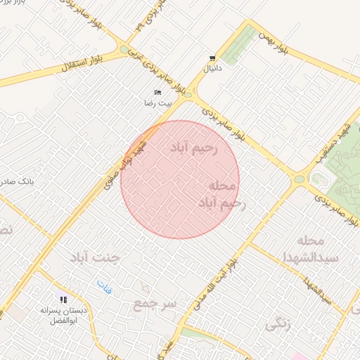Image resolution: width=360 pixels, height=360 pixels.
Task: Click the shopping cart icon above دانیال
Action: point(212,58)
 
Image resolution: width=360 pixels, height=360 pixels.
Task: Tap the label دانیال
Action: point(212,70)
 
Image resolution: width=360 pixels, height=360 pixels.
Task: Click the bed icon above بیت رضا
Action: point(157,93)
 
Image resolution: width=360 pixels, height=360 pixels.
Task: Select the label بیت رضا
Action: point(158,103)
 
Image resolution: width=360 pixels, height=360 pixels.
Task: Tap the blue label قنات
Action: point(104,285)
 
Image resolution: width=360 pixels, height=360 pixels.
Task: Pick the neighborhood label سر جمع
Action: point(155,304)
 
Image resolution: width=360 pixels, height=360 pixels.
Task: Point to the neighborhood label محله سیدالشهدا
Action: point(319,249)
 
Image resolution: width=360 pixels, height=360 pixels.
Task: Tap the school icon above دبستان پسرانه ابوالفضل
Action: point(63,300)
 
